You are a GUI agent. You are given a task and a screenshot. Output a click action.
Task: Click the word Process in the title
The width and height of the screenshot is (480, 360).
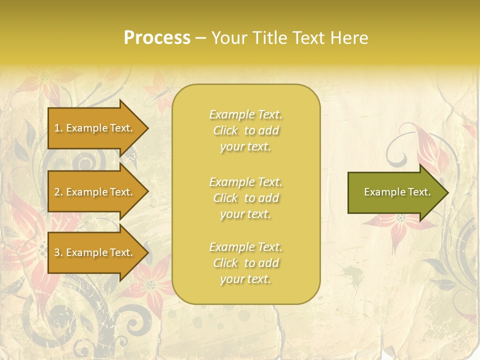157,38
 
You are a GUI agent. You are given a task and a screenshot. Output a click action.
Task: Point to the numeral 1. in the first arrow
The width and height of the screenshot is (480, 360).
58,128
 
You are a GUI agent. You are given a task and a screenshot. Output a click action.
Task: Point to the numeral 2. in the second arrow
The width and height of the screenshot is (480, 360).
58,192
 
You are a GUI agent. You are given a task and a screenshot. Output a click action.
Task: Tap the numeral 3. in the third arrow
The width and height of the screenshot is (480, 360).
58,252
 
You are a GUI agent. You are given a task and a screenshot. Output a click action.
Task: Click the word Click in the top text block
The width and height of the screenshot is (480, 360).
225,131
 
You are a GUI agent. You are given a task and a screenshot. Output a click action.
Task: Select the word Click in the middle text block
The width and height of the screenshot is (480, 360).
225,198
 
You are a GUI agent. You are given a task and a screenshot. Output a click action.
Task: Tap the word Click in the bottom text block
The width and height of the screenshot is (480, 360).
225,263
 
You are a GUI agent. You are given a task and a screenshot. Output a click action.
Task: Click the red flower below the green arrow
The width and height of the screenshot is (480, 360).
400,222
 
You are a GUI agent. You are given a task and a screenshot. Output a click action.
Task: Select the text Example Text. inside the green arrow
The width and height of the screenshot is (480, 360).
397,192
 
